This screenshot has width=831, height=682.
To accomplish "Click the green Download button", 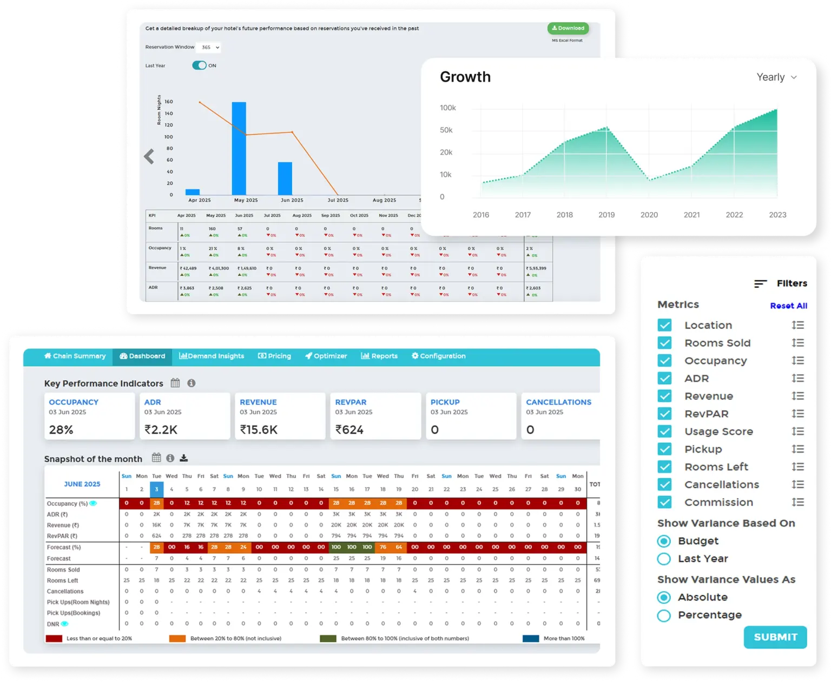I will pos(568,28).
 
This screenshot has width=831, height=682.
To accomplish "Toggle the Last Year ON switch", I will pos(199,65).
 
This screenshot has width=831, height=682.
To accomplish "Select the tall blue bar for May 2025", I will pos(239,148).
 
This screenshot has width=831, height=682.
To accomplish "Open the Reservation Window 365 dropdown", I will pos(209,48).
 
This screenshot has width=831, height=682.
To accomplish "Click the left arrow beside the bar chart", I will pos(149,157).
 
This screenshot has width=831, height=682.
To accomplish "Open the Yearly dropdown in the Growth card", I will pos(776,77).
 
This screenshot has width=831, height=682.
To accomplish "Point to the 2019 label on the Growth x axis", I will pos(606,215).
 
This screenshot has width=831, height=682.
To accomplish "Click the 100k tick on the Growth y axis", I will pos(447,108).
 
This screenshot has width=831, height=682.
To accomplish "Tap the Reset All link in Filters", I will pos(788,306).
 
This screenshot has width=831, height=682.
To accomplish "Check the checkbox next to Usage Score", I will pos(664,432).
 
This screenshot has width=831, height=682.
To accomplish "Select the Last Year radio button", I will pos(664,559).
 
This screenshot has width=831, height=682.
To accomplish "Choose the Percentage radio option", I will pos(664,615).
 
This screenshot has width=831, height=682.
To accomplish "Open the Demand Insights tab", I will pos(212,356).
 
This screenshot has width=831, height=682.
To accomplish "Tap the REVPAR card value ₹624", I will pos(349,430).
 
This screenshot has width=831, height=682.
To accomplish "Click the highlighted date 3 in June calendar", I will pos(156,489).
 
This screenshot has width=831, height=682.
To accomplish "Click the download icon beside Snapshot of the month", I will pos(184,458).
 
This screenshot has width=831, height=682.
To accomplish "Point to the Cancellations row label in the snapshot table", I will pos(65,592).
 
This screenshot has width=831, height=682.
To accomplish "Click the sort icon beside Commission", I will pos(797,502).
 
